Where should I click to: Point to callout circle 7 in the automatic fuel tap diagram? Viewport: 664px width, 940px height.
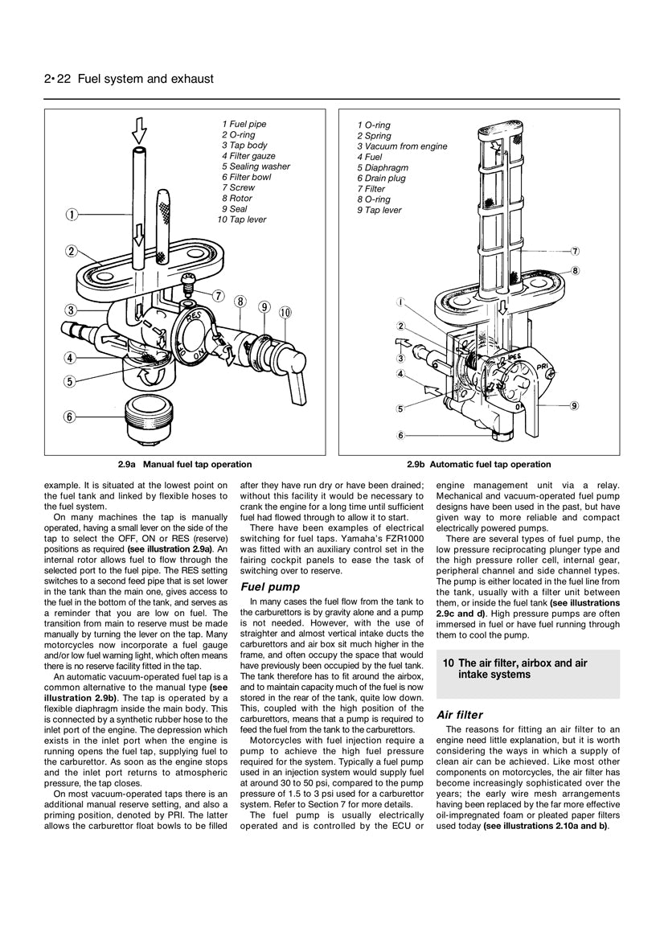coord(576,251)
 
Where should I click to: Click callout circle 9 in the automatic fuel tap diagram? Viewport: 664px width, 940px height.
coord(575,406)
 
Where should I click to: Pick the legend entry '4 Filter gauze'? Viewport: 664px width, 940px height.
coord(248,156)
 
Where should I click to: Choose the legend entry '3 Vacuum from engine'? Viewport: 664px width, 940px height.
coord(402,147)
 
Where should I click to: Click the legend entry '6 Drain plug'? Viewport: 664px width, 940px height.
coord(386,179)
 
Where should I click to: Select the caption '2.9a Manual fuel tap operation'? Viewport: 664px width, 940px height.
coord(184,464)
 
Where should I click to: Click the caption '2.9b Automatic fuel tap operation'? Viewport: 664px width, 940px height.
coord(478,464)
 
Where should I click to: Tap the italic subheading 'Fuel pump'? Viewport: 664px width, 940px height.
coord(270,587)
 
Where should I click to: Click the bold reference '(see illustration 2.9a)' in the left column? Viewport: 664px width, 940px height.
coord(170,548)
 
